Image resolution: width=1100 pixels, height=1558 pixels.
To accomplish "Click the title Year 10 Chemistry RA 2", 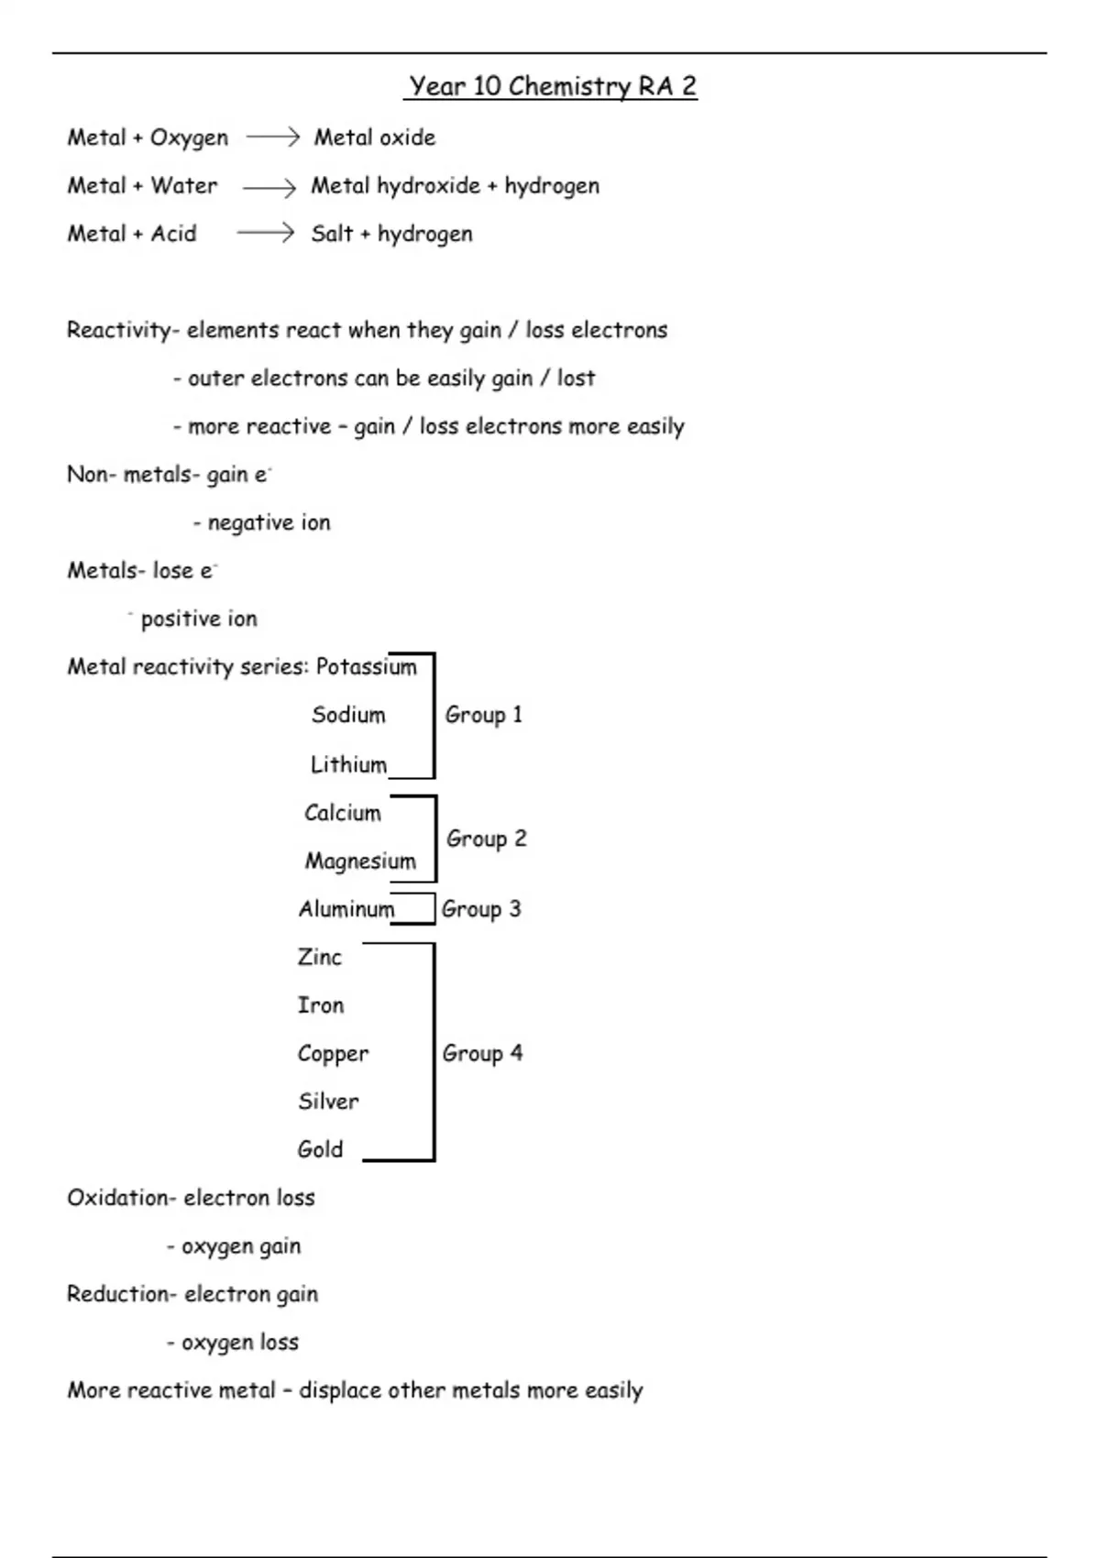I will point(552,86).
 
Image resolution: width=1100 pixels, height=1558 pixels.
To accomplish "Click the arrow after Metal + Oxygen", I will point(272,137).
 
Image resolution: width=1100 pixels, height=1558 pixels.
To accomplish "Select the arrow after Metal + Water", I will point(269,188).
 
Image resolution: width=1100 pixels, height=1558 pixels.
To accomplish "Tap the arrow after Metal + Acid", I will point(265,234).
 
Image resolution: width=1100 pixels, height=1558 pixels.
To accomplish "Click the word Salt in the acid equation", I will point(332,234).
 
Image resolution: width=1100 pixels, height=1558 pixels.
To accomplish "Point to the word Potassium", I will point(366,667).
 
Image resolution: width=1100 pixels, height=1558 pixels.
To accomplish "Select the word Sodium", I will point(348,715).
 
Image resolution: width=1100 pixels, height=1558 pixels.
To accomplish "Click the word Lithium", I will point(348,764).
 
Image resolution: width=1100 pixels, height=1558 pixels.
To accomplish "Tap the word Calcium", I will point(342,813).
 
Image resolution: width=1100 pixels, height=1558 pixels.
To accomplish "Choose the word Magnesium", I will point(360,861).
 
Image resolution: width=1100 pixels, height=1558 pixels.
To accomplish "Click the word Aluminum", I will point(346,909).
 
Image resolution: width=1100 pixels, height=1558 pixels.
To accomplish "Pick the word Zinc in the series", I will point(320,958).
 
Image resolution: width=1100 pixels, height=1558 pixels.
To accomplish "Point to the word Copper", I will point(333,1054).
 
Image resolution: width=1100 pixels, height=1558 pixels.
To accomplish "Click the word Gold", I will point(320,1149).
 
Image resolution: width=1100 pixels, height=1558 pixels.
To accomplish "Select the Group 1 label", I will point(483,715).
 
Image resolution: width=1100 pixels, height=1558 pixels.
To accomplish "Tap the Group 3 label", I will point(481,909).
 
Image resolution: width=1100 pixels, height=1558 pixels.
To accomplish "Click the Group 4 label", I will point(482,1054).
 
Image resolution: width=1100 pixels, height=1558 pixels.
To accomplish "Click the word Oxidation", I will point(117,1198).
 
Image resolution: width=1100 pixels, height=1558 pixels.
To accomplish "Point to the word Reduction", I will point(117,1294).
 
